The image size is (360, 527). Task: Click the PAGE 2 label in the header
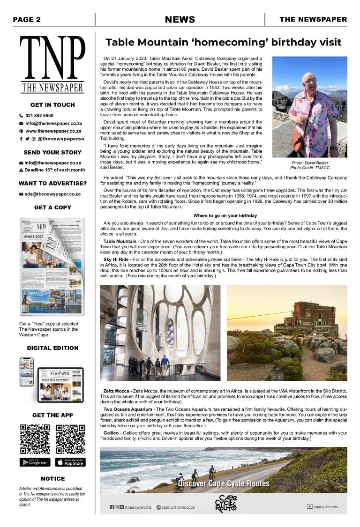(27, 20)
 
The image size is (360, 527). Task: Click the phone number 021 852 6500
(39, 115)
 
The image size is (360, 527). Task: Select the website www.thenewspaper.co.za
(53, 131)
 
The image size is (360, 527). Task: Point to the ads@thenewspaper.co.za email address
(52, 194)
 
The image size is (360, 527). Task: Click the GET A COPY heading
(52, 208)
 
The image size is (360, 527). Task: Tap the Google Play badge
(35, 462)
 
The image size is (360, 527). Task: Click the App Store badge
(70, 462)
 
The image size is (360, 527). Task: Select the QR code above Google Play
(35, 439)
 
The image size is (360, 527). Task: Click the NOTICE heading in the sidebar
(52, 479)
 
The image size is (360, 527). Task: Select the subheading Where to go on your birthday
(225, 215)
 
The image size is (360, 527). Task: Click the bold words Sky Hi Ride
(116, 259)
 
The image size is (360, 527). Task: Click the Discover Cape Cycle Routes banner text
(224, 483)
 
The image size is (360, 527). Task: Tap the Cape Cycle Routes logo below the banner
(226, 504)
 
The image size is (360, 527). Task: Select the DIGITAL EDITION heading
(52, 348)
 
